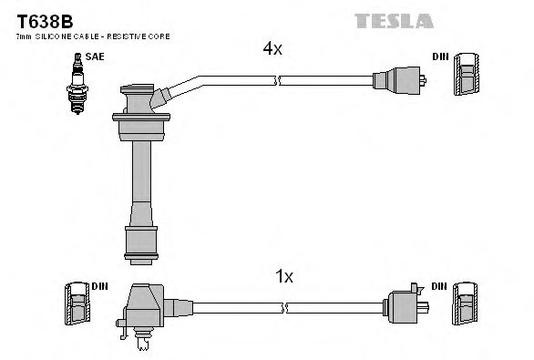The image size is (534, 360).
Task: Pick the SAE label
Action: point(94,57)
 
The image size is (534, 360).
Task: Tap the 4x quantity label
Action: point(272,50)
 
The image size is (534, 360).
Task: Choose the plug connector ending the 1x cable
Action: point(404,304)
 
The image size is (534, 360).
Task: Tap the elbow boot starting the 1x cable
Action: point(146,305)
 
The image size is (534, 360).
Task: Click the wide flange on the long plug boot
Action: point(142,116)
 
